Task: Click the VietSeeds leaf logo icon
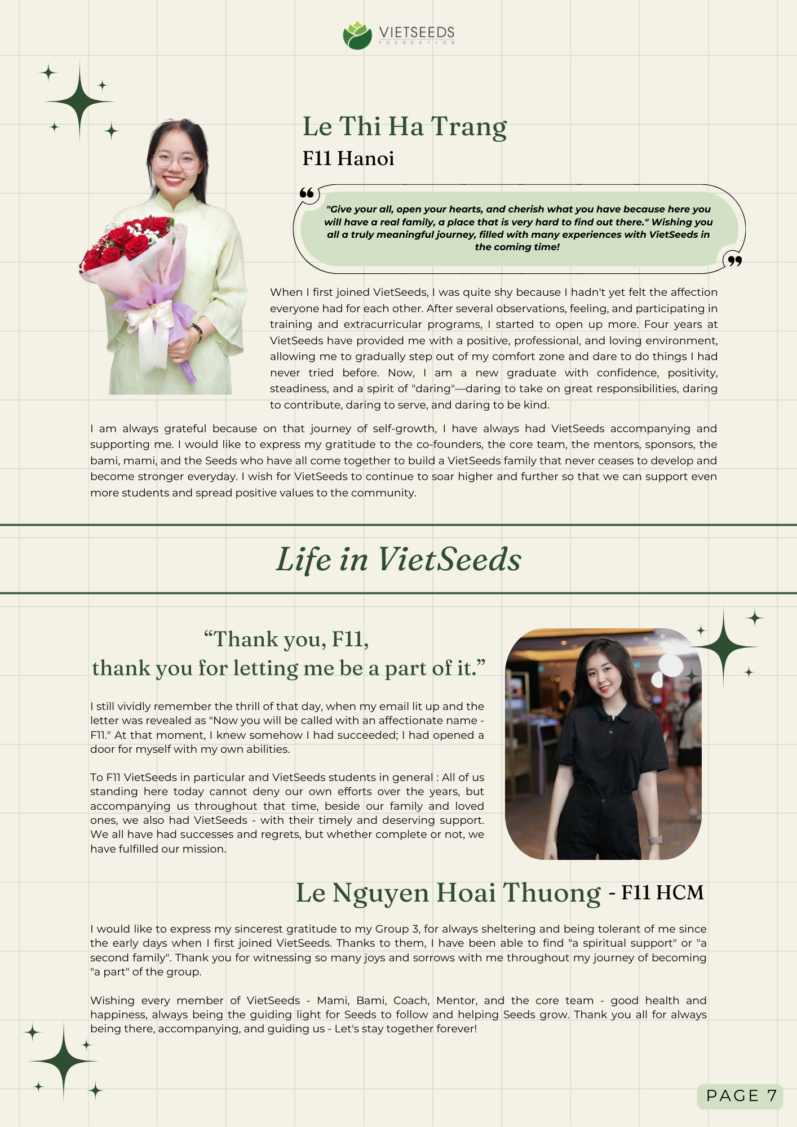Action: (357, 36)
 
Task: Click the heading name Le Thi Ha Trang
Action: (404, 126)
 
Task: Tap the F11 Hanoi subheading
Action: (348, 158)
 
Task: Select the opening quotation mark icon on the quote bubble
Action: (307, 193)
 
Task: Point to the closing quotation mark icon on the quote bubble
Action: (734, 260)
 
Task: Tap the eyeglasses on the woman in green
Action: (175, 162)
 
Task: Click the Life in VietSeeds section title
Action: (398, 560)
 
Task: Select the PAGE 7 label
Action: (741, 1095)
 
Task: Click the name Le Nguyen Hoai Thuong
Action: (448, 893)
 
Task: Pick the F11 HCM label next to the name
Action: (662, 893)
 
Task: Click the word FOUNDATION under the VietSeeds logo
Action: (417, 43)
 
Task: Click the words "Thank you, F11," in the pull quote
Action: (286, 640)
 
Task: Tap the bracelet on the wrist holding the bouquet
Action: (197, 331)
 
